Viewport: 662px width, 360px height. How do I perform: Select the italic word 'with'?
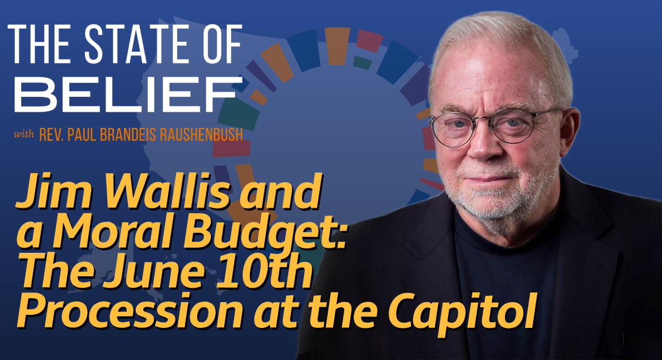tap(23, 135)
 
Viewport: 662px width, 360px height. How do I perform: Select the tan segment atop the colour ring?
tap(337, 46)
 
